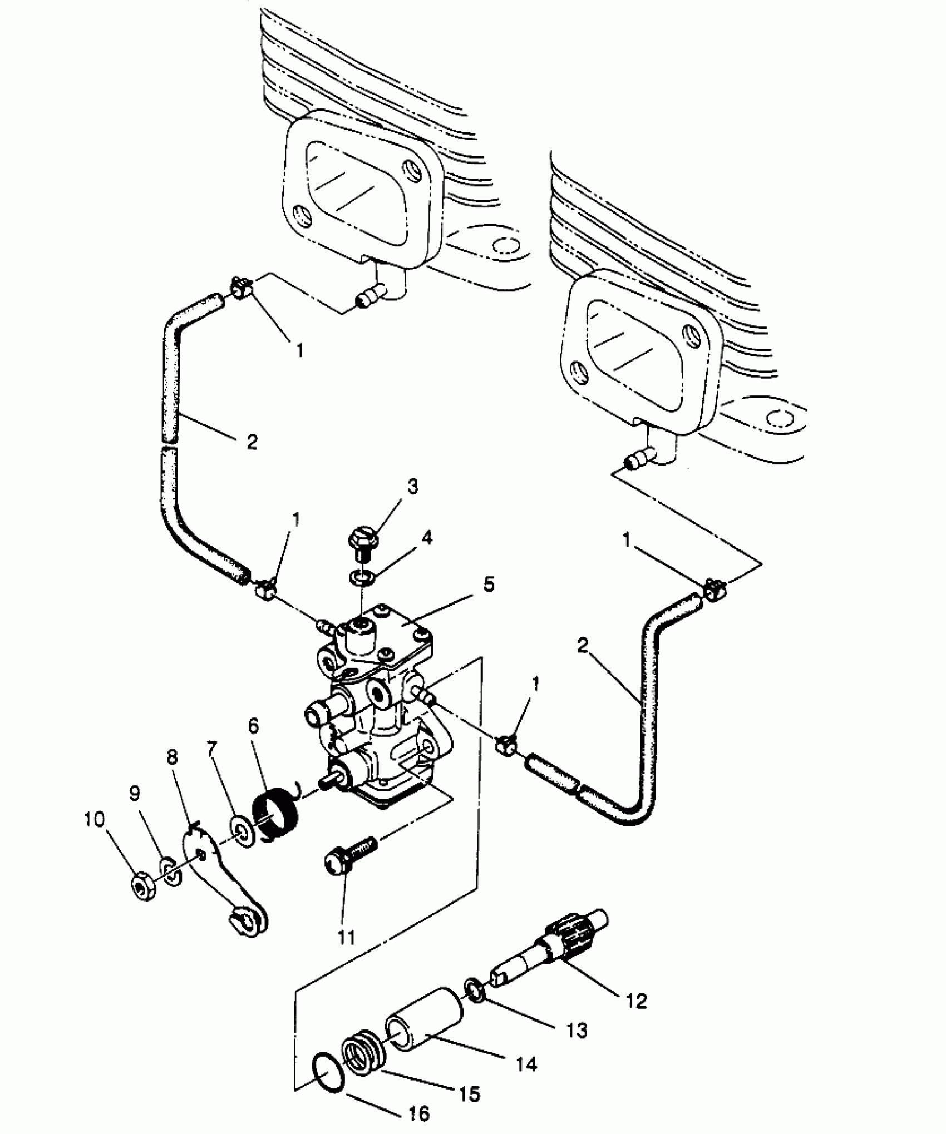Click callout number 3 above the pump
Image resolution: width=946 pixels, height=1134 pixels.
tap(412, 486)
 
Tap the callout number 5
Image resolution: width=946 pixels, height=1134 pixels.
tap(489, 585)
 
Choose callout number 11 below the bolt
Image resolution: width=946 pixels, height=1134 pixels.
tap(346, 938)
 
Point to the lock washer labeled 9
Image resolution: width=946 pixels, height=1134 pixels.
tap(170, 871)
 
